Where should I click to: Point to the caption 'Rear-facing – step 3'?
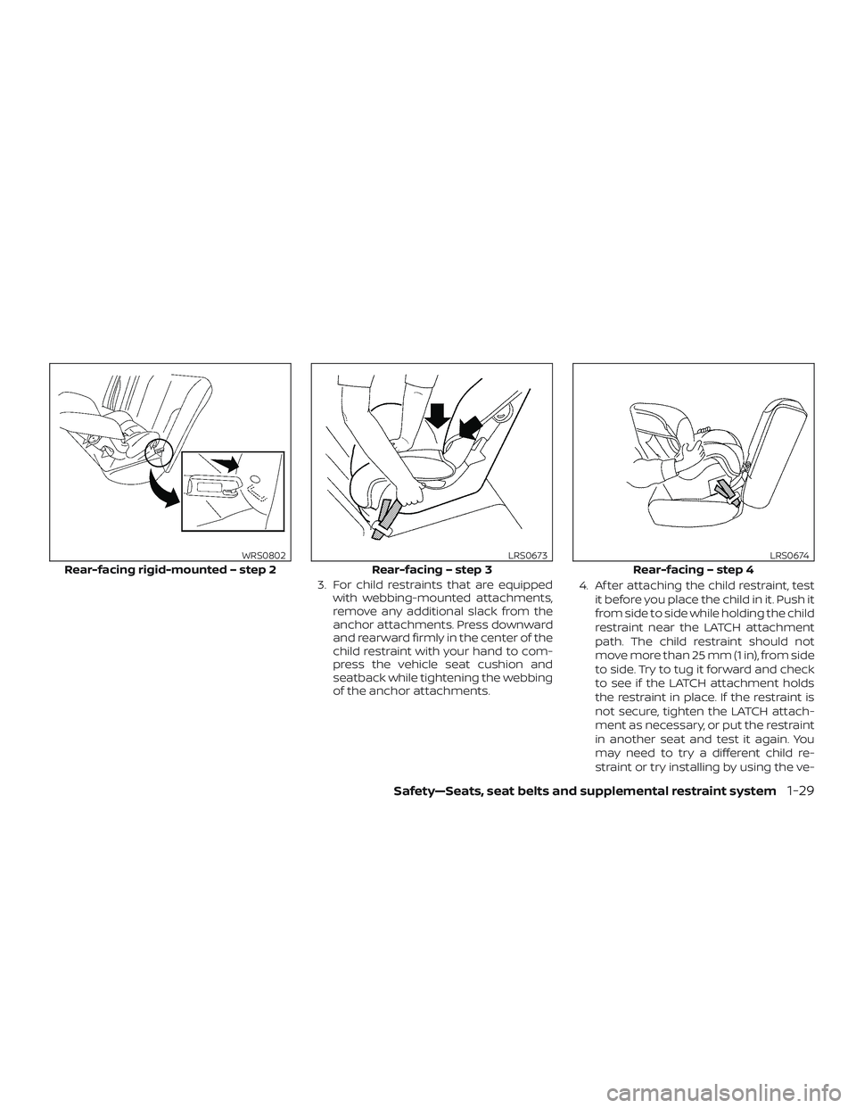[432, 569]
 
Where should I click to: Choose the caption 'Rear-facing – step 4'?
[693, 569]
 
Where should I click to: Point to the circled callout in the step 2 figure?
[155, 452]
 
